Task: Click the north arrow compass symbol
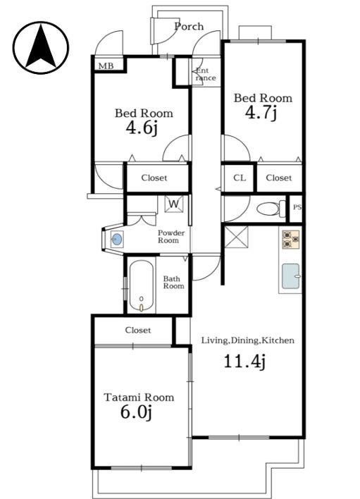pyautogui.click(x=41, y=48)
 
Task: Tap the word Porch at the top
pyautogui.click(x=189, y=26)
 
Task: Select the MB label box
pyautogui.click(x=106, y=66)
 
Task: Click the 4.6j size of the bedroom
pyautogui.click(x=142, y=128)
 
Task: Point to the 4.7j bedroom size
pyautogui.click(x=261, y=112)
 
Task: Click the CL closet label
pyautogui.click(x=240, y=178)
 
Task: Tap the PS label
pyautogui.click(x=297, y=207)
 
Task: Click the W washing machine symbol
pyautogui.click(x=174, y=204)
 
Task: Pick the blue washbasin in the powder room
pyautogui.click(x=117, y=239)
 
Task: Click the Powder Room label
pyautogui.click(x=171, y=237)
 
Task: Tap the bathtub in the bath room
pyautogui.click(x=142, y=286)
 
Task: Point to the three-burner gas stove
pyautogui.click(x=291, y=240)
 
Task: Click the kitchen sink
pyautogui.click(x=291, y=276)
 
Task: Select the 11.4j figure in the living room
pyautogui.click(x=244, y=362)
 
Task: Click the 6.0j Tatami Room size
pyautogui.click(x=136, y=413)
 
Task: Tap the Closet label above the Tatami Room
pyautogui.click(x=137, y=331)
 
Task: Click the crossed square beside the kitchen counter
pyautogui.click(x=236, y=237)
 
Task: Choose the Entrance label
pyautogui.click(x=206, y=75)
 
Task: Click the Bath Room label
pyautogui.click(x=173, y=283)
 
